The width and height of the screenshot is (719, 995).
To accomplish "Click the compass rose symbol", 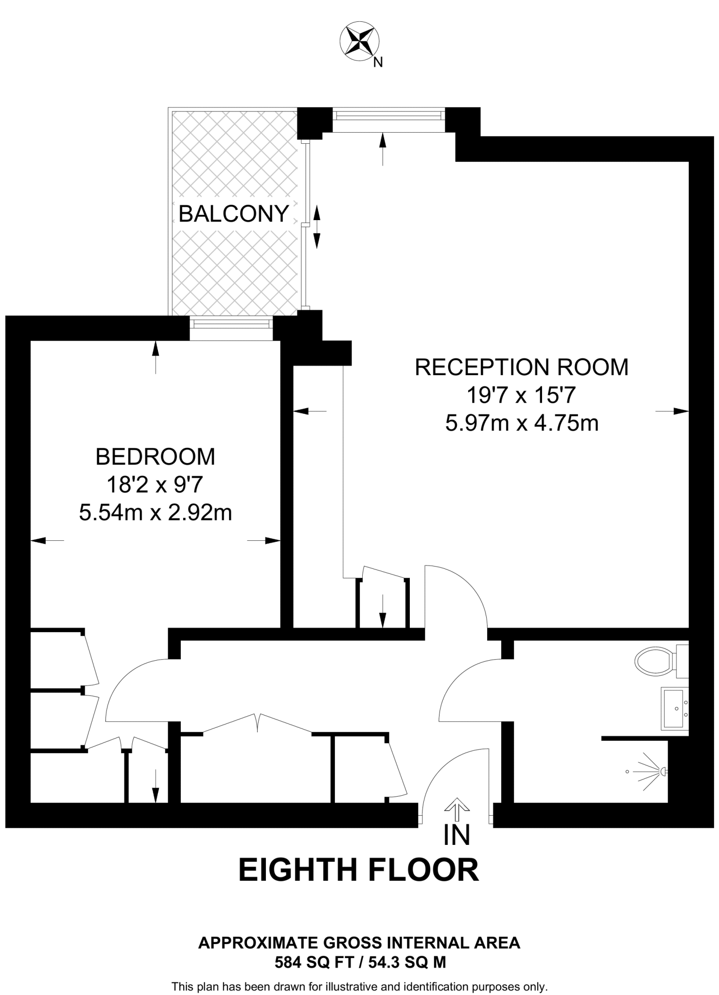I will [359, 42].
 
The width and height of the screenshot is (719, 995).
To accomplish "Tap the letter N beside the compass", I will [378, 62].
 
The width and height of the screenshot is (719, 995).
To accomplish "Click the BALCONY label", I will [234, 214].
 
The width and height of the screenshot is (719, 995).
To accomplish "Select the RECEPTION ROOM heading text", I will [521, 367].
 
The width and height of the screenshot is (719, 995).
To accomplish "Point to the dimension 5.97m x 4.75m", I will [521, 423].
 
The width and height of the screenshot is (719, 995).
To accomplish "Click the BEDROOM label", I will [155, 457].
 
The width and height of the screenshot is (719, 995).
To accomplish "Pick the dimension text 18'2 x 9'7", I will [155, 485].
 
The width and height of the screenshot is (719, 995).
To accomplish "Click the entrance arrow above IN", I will [457, 806].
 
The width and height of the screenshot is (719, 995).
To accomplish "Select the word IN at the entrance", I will [457, 835].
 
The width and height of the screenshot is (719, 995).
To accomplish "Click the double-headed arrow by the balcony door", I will [316, 227].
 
